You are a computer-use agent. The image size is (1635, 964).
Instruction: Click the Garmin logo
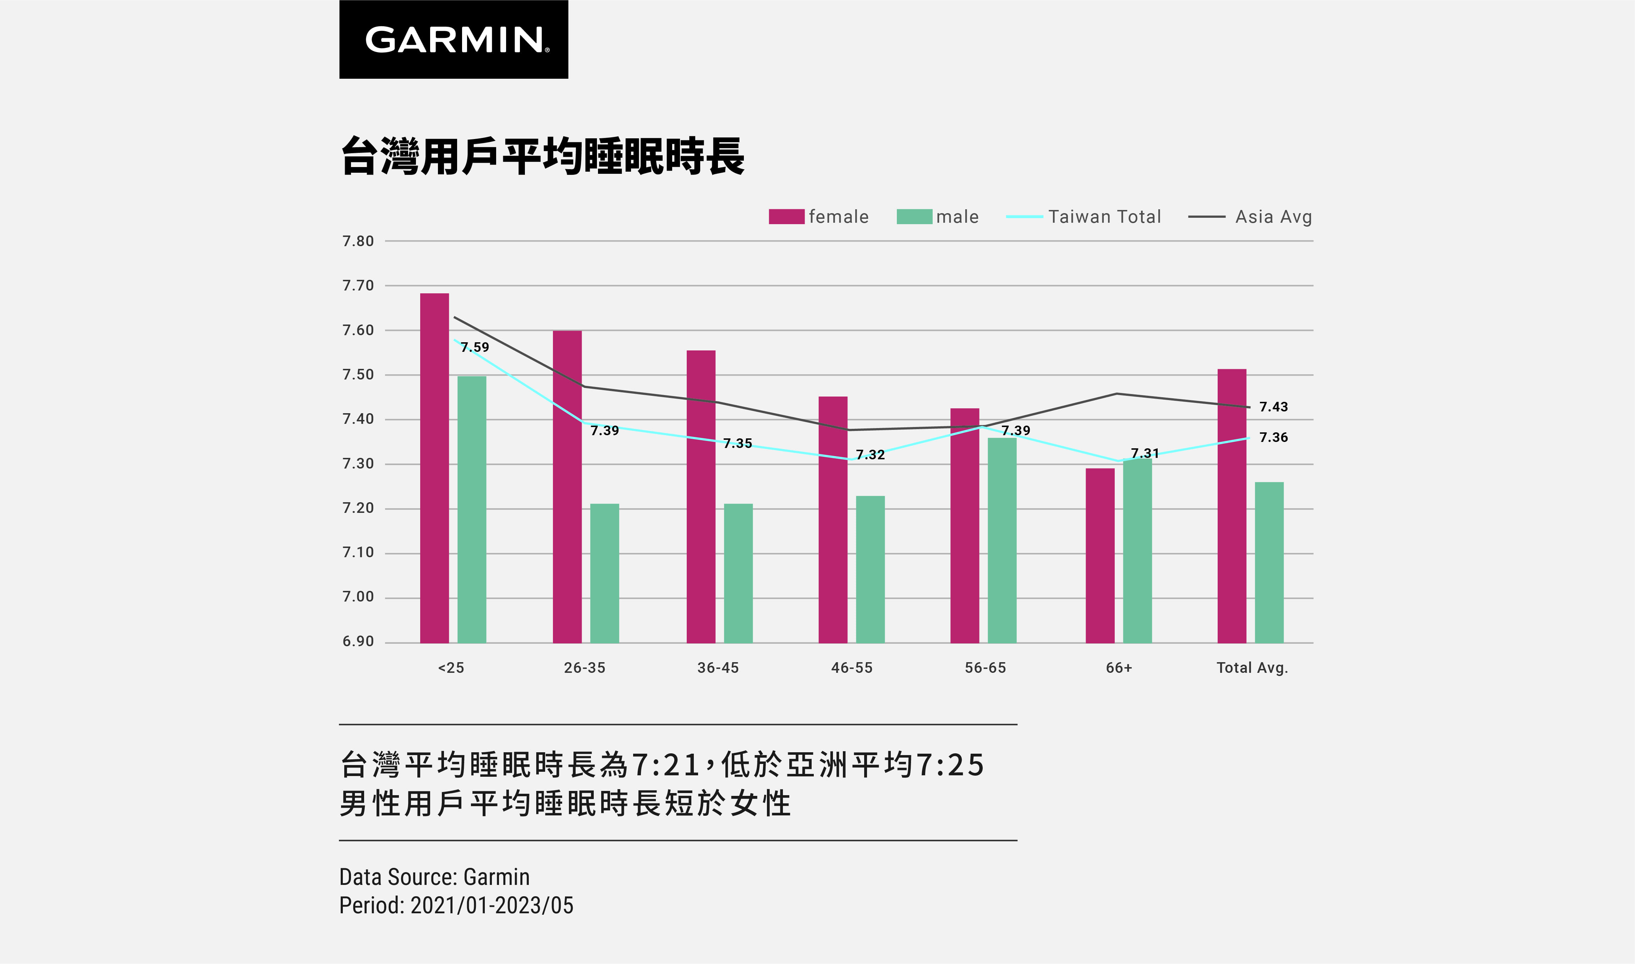[454, 40]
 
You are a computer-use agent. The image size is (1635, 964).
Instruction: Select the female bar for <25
[434, 468]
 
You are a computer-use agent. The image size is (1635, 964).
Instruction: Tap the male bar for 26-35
[604, 573]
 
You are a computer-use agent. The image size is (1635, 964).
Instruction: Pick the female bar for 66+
[1099, 555]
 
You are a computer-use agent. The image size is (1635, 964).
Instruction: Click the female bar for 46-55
[833, 520]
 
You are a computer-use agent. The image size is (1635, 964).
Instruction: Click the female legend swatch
[786, 216]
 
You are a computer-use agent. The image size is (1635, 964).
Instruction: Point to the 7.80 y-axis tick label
[358, 241]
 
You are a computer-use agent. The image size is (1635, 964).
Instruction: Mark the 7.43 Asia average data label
[1273, 407]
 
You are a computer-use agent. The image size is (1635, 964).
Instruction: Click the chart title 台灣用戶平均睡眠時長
[543, 156]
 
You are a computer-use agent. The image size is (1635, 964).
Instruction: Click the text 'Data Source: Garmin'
[434, 877]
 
